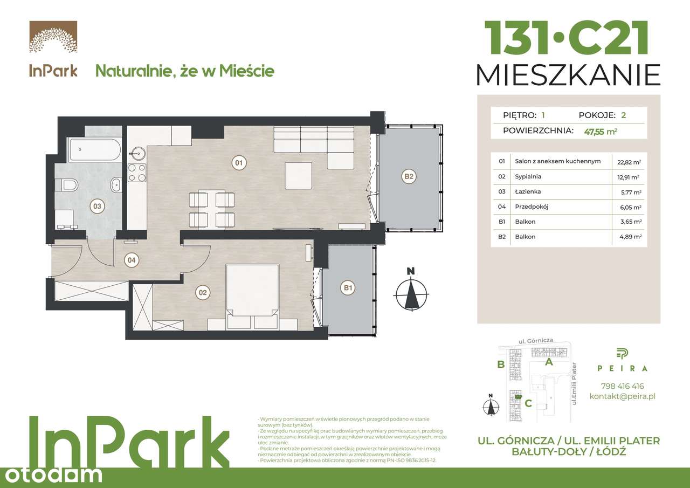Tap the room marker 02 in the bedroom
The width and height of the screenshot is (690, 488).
point(203,293)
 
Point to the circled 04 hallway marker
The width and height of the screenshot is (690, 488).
point(130,260)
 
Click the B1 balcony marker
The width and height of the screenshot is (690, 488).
point(348,288)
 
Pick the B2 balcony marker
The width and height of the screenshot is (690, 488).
point(409,176)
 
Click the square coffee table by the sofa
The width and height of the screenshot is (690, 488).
point(299,176)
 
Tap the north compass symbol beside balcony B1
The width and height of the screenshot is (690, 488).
point(411,292)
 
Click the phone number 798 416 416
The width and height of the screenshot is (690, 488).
point(622,386)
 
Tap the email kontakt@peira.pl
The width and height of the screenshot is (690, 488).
point(622,396)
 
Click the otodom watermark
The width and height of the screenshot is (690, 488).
point(51,474)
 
